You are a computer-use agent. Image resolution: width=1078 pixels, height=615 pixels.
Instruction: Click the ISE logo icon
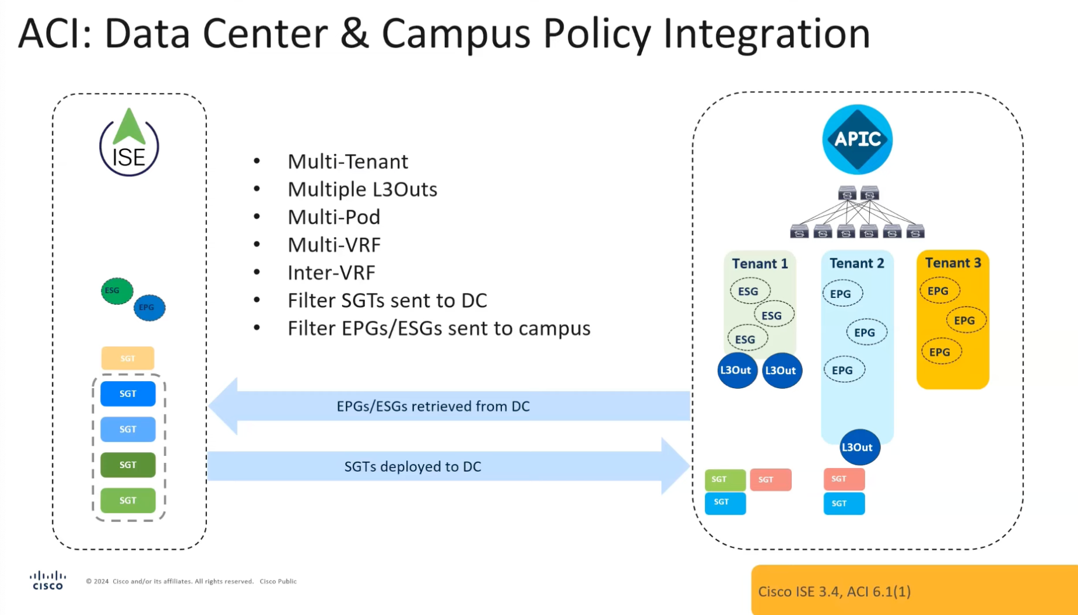(129, 143)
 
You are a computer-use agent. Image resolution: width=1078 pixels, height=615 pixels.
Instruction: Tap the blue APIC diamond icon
(857, 139)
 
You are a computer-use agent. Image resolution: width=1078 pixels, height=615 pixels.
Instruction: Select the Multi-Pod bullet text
(333, 217)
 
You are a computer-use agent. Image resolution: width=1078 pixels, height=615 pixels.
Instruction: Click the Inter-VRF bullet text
(331, 272)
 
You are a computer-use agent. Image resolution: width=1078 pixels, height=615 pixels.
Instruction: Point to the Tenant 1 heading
(760, 263)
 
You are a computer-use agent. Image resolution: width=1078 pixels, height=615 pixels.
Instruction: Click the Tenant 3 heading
(953, 263)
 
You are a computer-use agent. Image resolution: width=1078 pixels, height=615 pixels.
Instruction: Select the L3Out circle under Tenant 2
(859, 447)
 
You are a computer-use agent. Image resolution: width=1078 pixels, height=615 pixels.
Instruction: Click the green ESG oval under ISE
(117, 291)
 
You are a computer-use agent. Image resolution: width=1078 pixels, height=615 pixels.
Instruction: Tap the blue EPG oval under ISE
(149, 307)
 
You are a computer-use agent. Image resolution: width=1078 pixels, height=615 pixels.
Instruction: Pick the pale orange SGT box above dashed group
(128, 358)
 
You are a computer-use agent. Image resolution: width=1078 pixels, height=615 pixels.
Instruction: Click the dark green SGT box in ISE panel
(128, 465)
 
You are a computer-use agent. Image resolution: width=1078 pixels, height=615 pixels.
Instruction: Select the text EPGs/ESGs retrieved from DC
(433, 406)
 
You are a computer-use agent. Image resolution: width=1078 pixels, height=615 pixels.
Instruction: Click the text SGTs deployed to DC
(412, 466)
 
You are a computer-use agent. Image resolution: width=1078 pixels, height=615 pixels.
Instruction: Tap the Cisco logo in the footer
(48, 581)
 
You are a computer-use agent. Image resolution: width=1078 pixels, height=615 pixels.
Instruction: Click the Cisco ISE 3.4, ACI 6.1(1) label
(834, 591)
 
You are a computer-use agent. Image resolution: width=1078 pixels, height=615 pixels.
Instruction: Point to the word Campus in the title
(455, 34)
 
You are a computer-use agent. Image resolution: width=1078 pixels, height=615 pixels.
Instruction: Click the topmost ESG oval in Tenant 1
(749, 291)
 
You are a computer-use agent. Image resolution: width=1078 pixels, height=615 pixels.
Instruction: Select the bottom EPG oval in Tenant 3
(940, 352)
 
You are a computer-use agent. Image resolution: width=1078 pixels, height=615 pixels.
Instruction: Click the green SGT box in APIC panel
(725, 479)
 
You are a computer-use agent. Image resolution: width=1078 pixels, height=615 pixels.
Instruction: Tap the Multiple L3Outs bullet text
(362, 189)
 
